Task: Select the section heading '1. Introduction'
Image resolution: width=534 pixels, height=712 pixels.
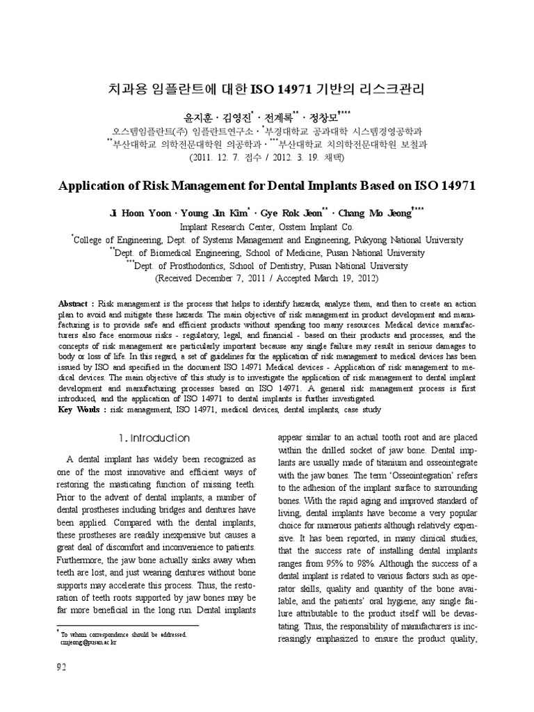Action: (x=154, y=438)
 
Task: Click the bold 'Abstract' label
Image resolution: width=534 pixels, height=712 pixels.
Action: (x=75, y=305)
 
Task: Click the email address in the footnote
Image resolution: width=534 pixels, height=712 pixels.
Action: (x=86, y=643)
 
